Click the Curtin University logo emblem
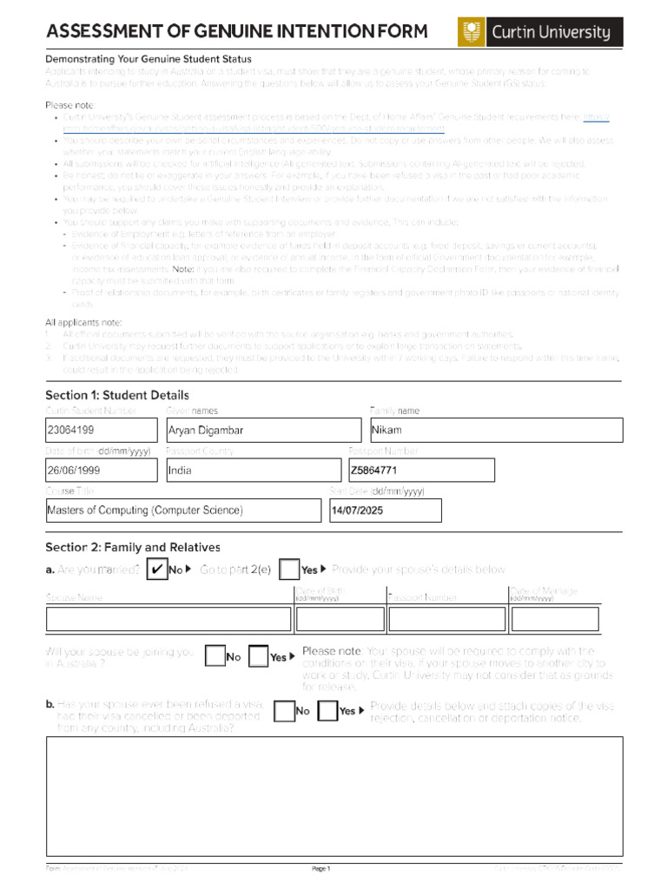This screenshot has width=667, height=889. (472, 33)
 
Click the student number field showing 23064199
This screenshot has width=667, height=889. (102, 430)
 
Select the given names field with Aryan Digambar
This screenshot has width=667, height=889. (262, 430)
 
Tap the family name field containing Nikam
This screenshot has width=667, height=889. (496, 430)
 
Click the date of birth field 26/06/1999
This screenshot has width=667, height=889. (102, 471)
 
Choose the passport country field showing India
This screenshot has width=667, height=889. (253, 471)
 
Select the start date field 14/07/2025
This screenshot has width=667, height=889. (384, 510)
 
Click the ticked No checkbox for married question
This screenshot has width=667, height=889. (156, 570)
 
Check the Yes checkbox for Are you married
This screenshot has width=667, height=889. (290, 570)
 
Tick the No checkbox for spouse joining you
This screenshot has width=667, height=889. (215, 656)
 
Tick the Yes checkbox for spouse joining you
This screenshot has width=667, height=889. (258, 656)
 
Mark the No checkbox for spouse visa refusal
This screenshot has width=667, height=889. (284, 711)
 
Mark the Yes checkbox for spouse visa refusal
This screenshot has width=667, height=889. (327, 711)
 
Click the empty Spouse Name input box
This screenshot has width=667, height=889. (168, 619)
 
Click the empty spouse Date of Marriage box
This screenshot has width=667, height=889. (554, 619)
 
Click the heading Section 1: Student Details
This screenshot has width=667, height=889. (116, 395)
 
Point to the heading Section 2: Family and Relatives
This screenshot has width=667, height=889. (132, 547)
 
